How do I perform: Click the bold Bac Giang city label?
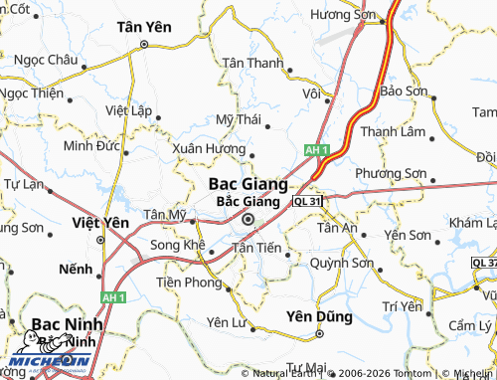tap(248, 184)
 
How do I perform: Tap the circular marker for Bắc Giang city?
tap(248, 222)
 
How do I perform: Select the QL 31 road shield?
tap(308, 201)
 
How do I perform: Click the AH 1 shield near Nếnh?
tap(113, 297)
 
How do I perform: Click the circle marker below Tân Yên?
tap(144, 45)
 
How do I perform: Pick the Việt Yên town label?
tap(100, 222)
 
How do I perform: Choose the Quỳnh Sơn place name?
tap(341, 264)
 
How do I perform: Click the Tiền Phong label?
tap(189, 283)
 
